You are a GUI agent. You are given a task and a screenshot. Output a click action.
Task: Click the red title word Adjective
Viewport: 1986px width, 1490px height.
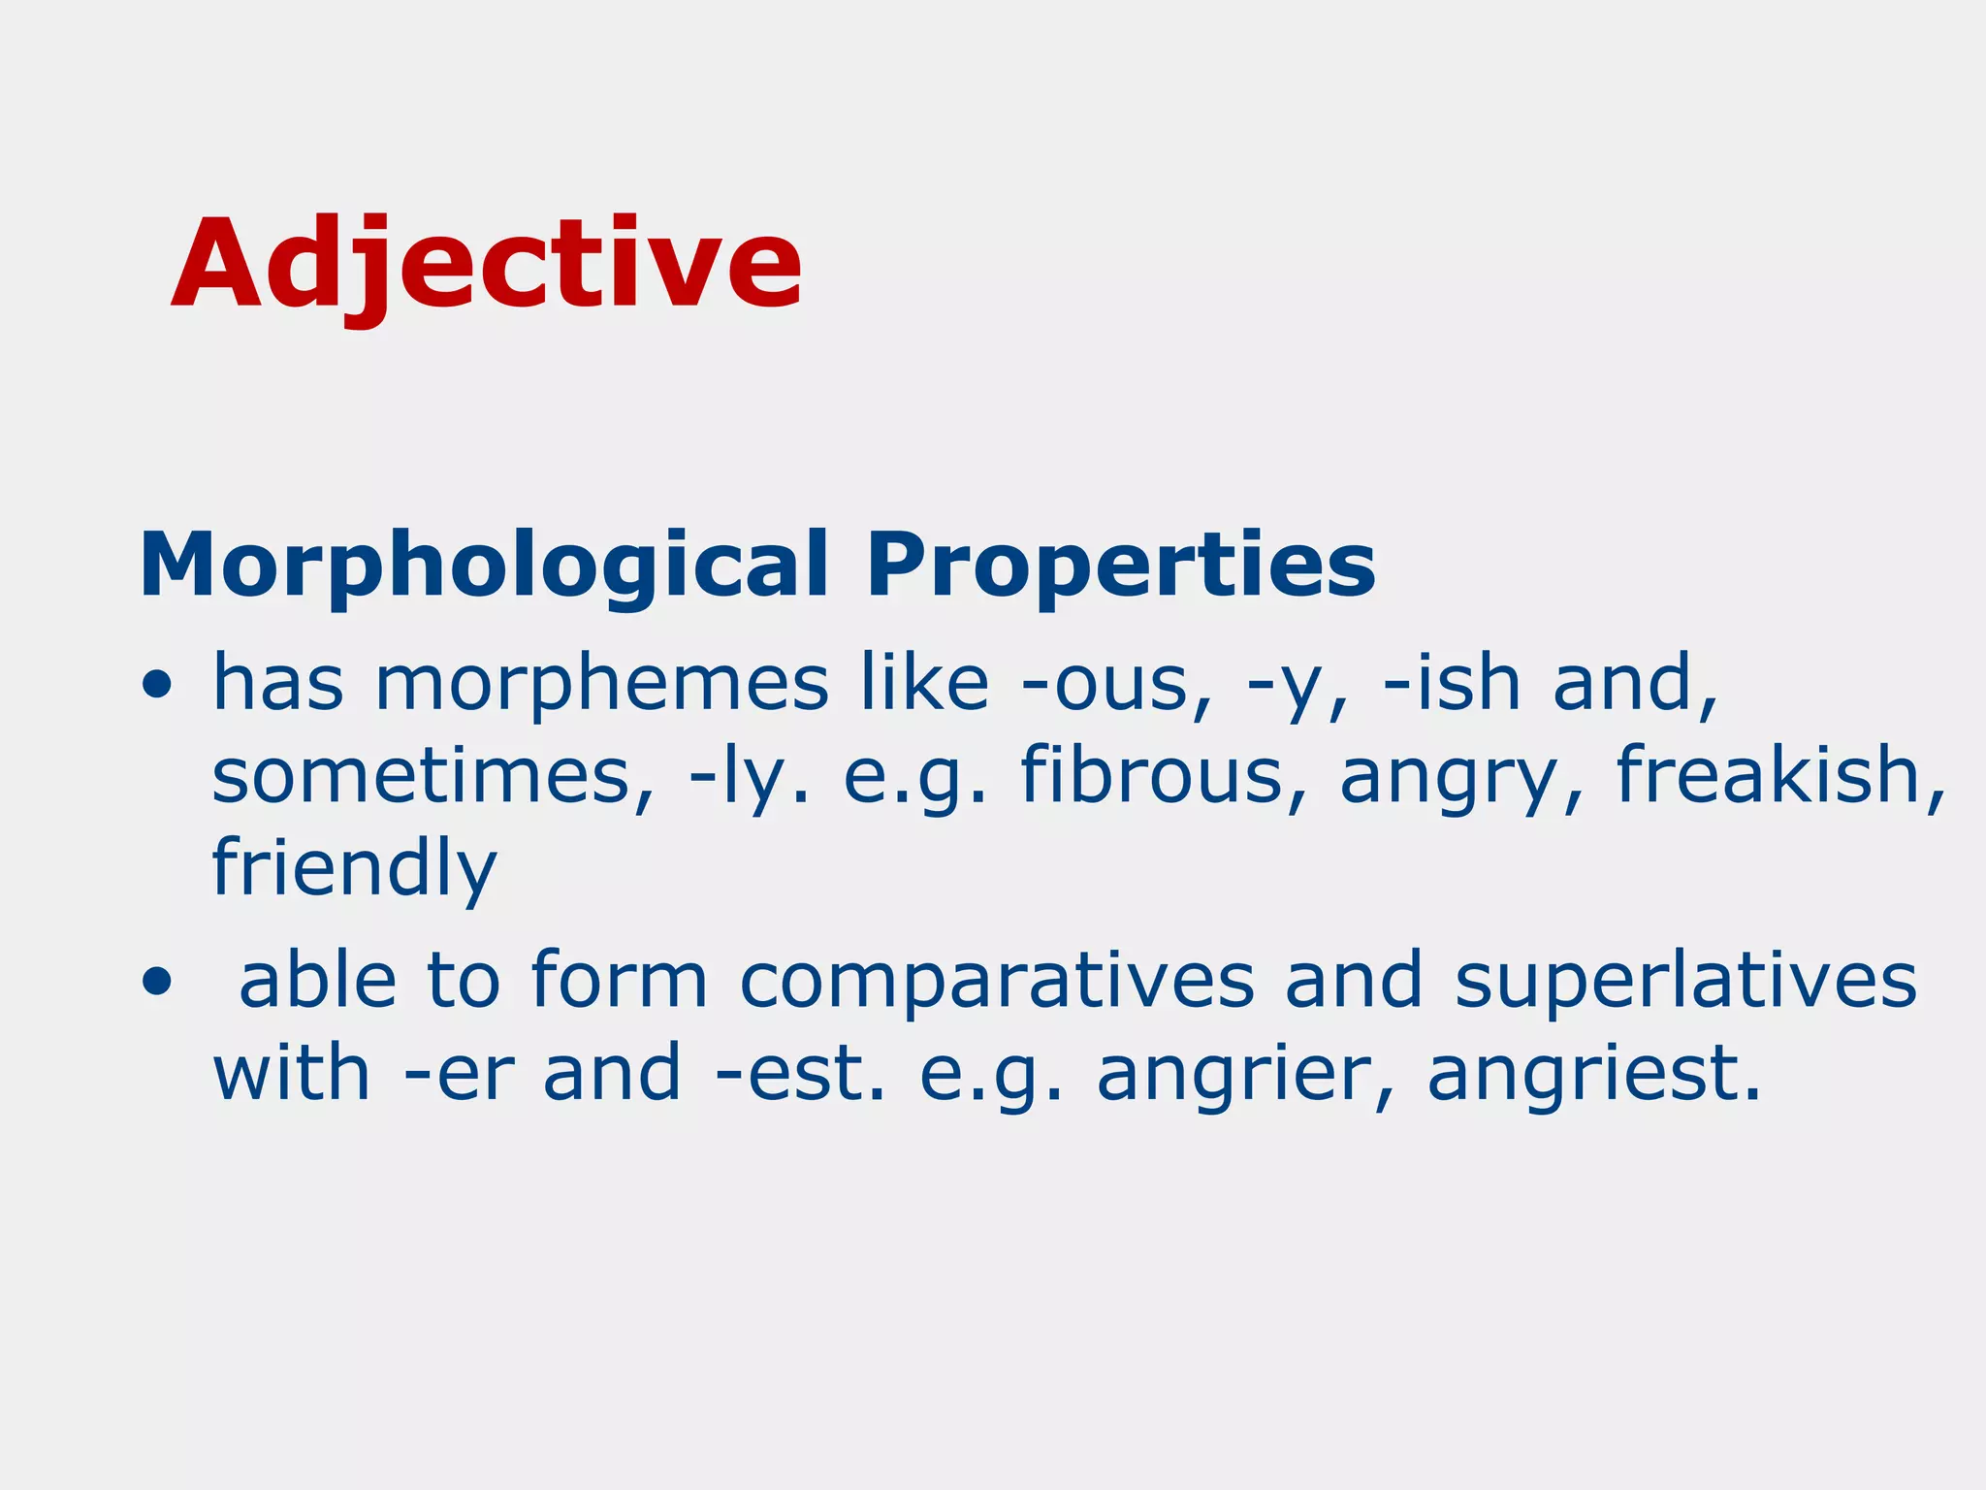(x=487, y=264)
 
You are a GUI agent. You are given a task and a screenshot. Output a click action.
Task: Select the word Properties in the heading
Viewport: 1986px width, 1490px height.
(x=1120, y=567)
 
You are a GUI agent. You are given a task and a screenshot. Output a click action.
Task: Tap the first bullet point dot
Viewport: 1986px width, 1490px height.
(x=156, y=686)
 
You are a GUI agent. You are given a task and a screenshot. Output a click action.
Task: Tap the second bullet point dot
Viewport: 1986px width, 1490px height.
(x=156, y=983)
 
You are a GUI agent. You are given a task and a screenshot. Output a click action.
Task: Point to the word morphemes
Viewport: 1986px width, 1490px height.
(x=601, y=684)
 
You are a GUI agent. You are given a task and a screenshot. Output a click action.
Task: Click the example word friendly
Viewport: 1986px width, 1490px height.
(x=354, y=869)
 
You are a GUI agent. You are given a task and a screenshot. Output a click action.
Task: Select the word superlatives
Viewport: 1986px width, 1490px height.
(x=1685, y=981)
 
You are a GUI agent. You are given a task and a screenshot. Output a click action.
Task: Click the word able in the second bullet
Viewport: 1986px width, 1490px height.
(x=318, y=981)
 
